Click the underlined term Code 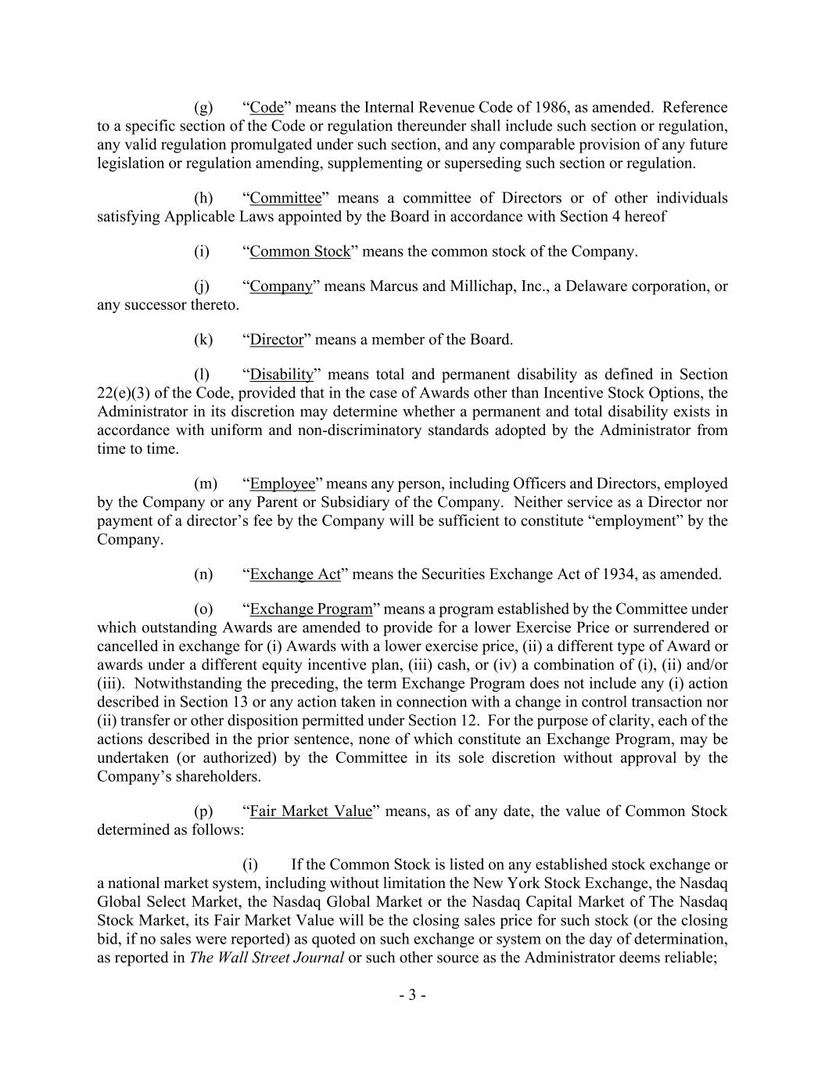(267, 107)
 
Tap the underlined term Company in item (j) (282, 286)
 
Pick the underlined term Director (276, 340)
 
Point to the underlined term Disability (282, 375)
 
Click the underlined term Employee (282, 484)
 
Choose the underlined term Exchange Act (296, 574)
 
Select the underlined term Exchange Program (311, 609)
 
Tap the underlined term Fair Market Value (310, 811)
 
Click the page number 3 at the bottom (412, 996)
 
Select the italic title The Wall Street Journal (267, 958)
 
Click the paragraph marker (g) (203, 107)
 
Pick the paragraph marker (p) (203, 811)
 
